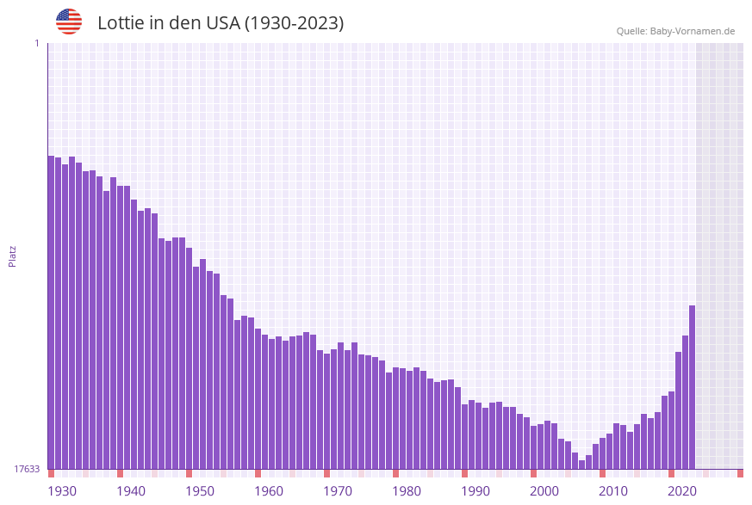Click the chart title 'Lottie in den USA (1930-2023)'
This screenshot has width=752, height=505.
tap(221, 23)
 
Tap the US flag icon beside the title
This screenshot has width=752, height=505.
tap(69, 22)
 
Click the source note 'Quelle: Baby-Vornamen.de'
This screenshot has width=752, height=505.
tap(675, 31)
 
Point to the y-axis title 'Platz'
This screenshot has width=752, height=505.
tap(13, 256)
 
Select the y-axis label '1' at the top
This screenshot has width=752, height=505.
tap(36, 43)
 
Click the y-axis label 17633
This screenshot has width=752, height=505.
tap(27, 469)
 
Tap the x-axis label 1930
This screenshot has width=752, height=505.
tap(62, 491)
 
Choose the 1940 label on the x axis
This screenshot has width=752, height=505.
tap(131, 491)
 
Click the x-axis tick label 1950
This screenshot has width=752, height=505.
tap(200, 491)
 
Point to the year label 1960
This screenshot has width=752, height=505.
tap(269, 491)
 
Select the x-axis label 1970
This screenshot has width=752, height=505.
tap(338, 491)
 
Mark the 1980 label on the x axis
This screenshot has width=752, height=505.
tap(407, 491)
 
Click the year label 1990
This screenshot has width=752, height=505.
tap(475, 491)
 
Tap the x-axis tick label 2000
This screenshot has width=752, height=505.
tap(544, 491)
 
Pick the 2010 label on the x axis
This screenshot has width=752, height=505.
tap(613, 491)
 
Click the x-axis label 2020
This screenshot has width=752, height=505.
tap(682, 491)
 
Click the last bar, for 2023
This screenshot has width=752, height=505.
tap(692, 387)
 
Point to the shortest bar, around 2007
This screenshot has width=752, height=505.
tap(581, 465)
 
